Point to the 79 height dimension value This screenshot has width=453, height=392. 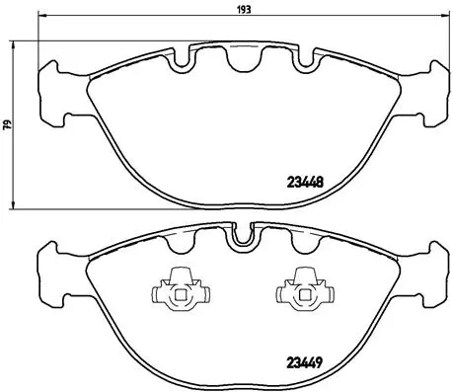pos(7,125)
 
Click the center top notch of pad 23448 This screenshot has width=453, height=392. pos(238,61)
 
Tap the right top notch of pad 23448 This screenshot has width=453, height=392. pos(296,61)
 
